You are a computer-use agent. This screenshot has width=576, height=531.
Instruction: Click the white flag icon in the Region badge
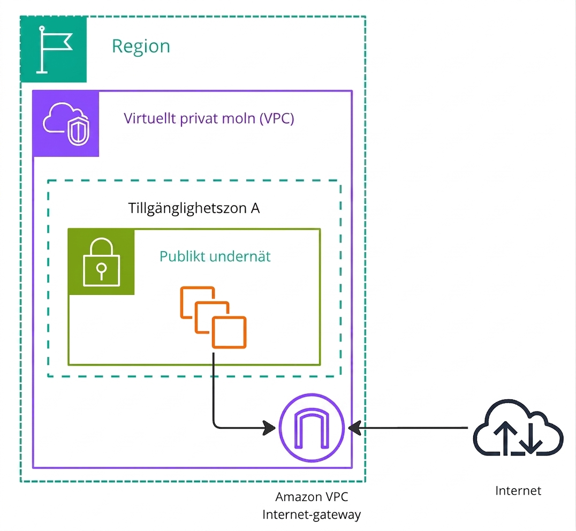[x=54, y=50]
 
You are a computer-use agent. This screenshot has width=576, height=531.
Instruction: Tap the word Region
[x=141, y=47]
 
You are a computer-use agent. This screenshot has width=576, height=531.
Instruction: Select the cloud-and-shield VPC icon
[x=66, y=124]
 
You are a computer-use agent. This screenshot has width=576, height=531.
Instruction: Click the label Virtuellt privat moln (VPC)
[x=209, y=118]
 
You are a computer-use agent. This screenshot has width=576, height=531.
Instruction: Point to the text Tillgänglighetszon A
[x=194, y=208]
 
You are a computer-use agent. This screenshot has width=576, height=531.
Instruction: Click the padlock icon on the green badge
[x=102, y=261]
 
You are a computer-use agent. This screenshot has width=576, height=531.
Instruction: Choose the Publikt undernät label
[x=215, y=256]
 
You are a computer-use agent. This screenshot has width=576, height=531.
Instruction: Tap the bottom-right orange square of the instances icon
[x=229, y=332]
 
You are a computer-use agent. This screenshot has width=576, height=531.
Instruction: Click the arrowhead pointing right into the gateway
[x=269, y=428]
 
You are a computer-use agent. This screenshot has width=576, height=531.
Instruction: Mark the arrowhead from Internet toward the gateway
[x=354, y=428]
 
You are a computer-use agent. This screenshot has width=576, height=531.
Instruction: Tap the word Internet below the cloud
[x=518, y=491]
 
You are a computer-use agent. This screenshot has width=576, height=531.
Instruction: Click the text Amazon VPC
[x=312, y=497]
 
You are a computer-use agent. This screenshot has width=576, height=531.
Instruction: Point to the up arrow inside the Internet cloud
[x=505, y=437]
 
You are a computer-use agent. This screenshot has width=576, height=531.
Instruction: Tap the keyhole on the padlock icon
[x=102, y=271]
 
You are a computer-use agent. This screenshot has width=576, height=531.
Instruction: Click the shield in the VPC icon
[x=78, y=131]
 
